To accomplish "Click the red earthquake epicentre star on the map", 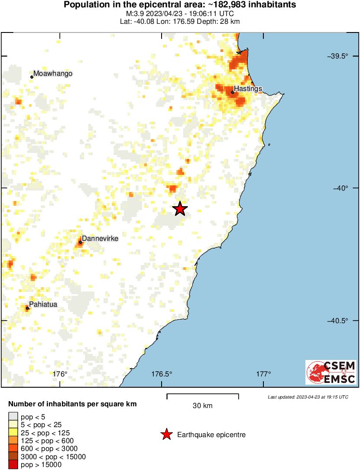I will (180, 209).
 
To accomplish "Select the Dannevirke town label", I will (100, 238).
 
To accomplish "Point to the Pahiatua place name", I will (43, 305).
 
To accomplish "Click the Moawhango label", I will (53, 74).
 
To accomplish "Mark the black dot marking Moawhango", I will (32, 77).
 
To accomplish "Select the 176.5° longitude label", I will (162, 374).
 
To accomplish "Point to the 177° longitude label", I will (264, 374).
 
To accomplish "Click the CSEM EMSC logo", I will (331, 372).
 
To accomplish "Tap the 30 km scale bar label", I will (202, 406).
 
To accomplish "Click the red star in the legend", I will (166, 434).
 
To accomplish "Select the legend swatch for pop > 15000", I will (13, 465).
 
